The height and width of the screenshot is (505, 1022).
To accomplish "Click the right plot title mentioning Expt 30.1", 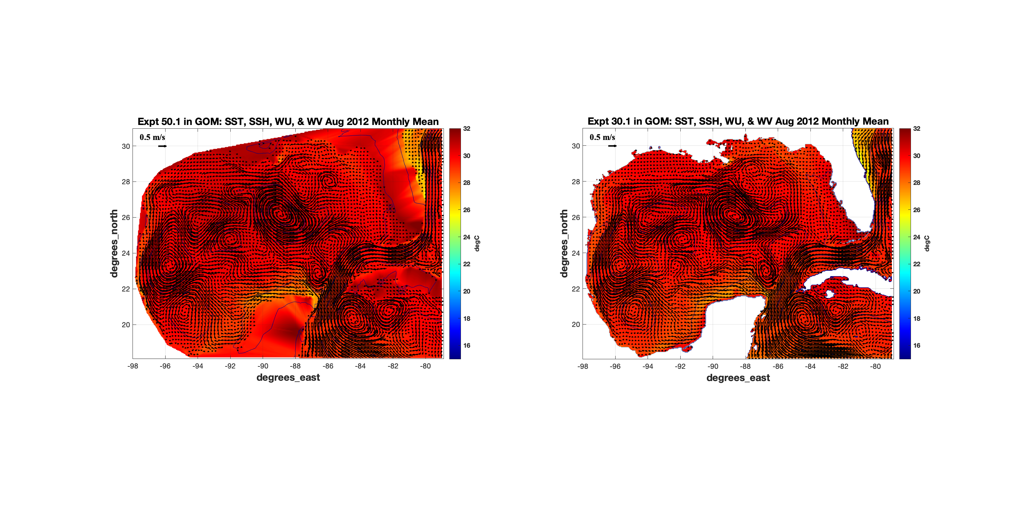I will (x=738, y=121).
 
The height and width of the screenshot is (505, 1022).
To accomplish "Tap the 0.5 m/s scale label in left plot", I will (x=152, y=137).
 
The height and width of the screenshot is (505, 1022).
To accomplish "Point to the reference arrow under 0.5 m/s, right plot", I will (x=613, y=146).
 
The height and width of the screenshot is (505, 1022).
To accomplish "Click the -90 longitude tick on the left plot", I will (x=263, y=366).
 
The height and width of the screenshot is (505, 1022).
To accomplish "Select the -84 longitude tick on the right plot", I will (x=810, y=366).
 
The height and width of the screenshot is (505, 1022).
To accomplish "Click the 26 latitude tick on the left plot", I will (x=126, y=217).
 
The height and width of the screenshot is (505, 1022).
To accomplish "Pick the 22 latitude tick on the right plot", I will (x=576, y=289).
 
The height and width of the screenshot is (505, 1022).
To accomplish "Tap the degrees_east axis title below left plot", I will (x=288, y=377).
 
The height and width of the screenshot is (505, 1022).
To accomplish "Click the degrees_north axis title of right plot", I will (x=564, y=243).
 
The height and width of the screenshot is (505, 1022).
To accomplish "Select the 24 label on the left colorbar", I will (x=467, y=237).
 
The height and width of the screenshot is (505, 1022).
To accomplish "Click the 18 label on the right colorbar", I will (x=917, y=318).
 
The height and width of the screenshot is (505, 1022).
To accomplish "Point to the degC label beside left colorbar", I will (x=477, y=243).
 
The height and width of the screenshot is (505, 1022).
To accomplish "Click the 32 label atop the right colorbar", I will (x=917, y=128).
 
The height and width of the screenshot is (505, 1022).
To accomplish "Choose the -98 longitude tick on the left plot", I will (x=133, y=366).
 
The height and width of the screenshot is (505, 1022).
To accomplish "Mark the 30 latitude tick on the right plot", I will (x=576, y=146).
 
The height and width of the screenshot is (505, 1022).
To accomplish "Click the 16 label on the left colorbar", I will (x=467, y=345).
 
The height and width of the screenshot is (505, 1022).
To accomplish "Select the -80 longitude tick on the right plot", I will (x=875, y=366).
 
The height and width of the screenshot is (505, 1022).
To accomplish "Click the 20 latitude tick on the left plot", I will (x=126, y=325).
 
